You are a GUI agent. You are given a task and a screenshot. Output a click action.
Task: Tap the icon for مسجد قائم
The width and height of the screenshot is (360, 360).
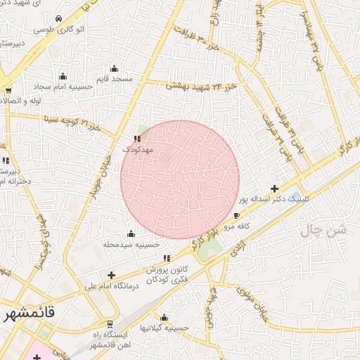click(114, 69)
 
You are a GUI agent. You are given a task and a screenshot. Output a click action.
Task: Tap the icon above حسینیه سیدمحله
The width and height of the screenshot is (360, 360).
click(131, 233)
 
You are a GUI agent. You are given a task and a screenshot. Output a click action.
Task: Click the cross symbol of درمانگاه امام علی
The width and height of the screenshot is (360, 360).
click(110, 275)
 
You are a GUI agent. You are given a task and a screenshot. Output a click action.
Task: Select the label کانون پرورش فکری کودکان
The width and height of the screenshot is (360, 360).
click(168, 275)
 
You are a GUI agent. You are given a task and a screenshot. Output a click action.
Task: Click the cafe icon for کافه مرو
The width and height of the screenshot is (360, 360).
click(236, 215)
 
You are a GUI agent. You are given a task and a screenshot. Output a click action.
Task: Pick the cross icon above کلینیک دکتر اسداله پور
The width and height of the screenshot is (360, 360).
click(274, 188)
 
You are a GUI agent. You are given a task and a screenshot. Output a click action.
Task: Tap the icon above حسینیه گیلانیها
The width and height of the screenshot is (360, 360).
click(164, 317)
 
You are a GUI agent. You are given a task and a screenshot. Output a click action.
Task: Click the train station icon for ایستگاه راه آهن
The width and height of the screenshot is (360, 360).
click(110, 325)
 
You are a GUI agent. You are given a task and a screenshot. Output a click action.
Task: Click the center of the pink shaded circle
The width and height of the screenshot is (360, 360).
click(180, 179)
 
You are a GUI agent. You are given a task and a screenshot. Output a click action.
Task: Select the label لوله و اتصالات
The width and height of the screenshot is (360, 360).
click(21, 101)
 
